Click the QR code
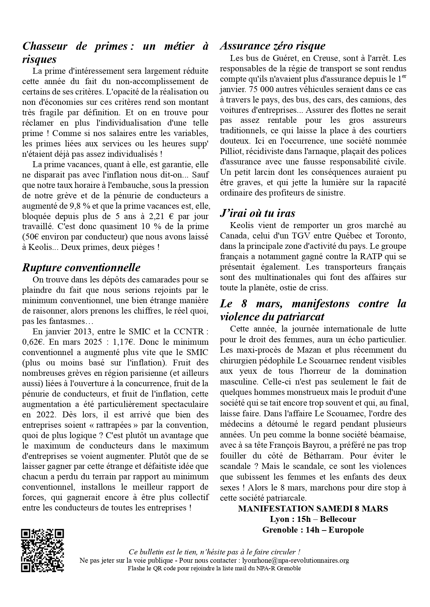tap(43, 550)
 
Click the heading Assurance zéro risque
tap(273, 46)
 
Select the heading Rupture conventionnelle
tap(81, 268)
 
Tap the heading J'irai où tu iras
tap(257, 213)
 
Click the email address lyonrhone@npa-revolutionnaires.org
tap(291, 560)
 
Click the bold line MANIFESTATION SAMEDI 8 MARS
tap(313, 509)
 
